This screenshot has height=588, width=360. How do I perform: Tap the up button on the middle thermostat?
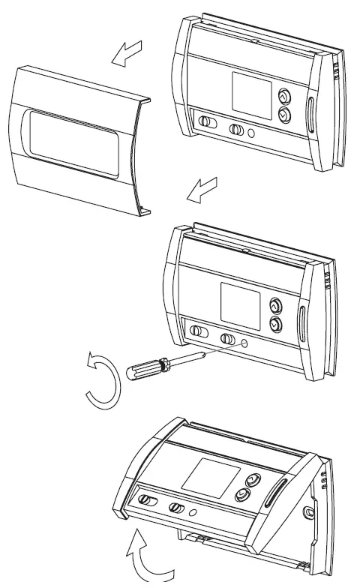coord(274,306)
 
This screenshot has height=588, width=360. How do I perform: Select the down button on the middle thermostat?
coord(274,324)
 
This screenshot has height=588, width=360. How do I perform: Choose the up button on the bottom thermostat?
coord(253,480)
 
